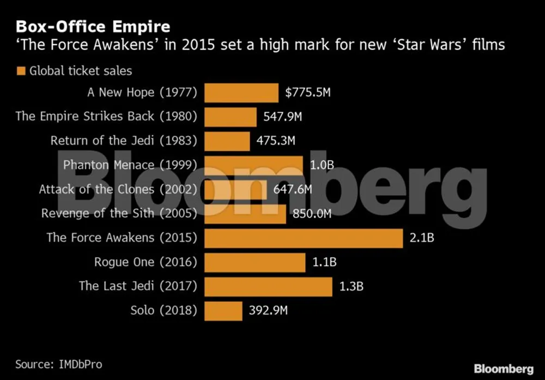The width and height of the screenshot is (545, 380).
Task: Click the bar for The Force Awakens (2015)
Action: point(304,238)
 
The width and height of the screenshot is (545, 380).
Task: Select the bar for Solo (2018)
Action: point(223,311)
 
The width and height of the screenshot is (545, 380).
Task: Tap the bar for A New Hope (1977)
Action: point(241,93)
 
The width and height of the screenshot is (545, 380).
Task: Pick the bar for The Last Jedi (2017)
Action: point(268,286)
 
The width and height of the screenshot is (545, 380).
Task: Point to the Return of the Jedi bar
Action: point(227,141)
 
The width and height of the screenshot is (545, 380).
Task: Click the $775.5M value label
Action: point(308,93)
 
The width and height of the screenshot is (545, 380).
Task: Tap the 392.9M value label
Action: point(268,311)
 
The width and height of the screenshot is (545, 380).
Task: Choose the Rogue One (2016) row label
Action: point(145,262)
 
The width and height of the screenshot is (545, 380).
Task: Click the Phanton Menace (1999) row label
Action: point(130,165)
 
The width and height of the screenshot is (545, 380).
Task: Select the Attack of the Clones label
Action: point(118,190)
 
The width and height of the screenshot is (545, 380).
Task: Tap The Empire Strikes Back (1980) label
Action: point(106,117)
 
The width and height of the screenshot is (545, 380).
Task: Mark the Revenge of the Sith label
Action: point(119,214)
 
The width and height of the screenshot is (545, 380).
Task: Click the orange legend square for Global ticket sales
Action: point(21,71)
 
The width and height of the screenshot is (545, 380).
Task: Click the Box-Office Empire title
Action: point(93,27)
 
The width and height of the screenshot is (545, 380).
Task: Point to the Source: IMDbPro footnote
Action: point(58,364)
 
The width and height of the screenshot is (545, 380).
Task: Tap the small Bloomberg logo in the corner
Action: point(503,368)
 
